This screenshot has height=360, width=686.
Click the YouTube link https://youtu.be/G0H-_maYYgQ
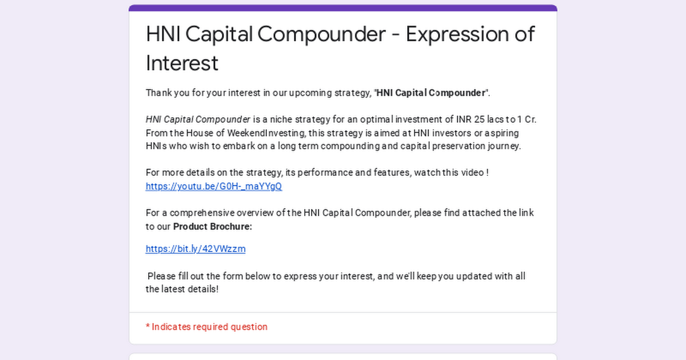[214, 186]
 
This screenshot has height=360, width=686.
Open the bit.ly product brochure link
[196, 249]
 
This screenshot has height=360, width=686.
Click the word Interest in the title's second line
[182, 63]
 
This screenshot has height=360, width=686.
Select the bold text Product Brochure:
[213, 226]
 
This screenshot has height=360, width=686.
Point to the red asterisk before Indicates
[147, 326]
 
